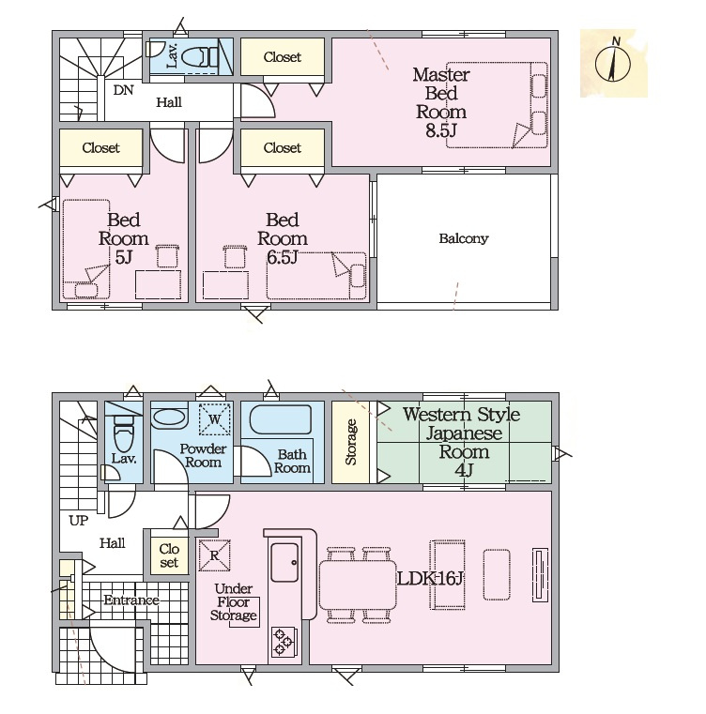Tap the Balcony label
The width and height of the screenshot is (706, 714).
pyautogui.click(x=464, y=238)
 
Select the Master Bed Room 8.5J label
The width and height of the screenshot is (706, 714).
pyautogui.click(x=440, y=102)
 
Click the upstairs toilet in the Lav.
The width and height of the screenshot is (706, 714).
pyautogui.click(x=201, y=57)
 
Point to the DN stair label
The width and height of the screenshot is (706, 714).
pyautogui.click(x=123, y=90)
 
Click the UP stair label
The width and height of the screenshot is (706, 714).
pyautogui.click(x=79, y=520)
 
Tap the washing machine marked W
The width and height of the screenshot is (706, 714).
pyautogui.click(x=215, y=419)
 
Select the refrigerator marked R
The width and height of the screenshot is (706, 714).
pyautogui.click(x=214, y=555)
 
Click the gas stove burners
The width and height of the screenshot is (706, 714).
pyautogui.click(x=284, y=642)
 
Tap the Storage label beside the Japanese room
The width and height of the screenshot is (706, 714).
pyautogui.click(x=350, y=442)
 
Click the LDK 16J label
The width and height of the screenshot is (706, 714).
pyautogui.click(x=430, y=579)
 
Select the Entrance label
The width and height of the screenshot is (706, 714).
pyautogui.click(x=131, y=600)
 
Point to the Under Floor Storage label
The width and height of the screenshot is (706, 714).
pyautogui.click(x=234, y=602)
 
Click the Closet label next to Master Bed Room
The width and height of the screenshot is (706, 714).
pyautogui.click(x=283, y=57)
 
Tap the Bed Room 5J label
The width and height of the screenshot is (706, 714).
pyautogui.click(x=124, y=238)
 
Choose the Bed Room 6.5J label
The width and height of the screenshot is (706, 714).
pyautogui.click(x=283, y=238)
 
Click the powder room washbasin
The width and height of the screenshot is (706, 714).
pyautogui.click(x=169, y=418)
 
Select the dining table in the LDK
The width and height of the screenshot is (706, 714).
pyautogui.click(x=358, y=585)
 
